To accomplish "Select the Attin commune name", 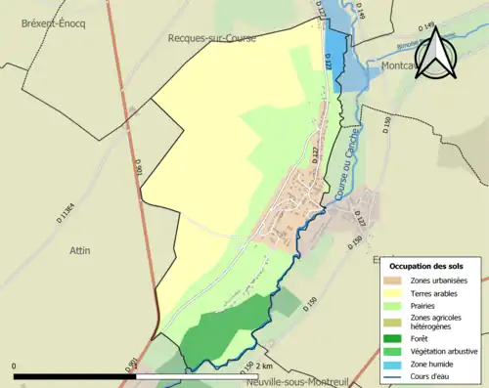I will (x=80, y=250).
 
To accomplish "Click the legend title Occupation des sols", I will (x=426, y=266).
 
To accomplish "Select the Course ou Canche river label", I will (x=342, y=174).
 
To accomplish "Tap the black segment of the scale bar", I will (x=74, y=375).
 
